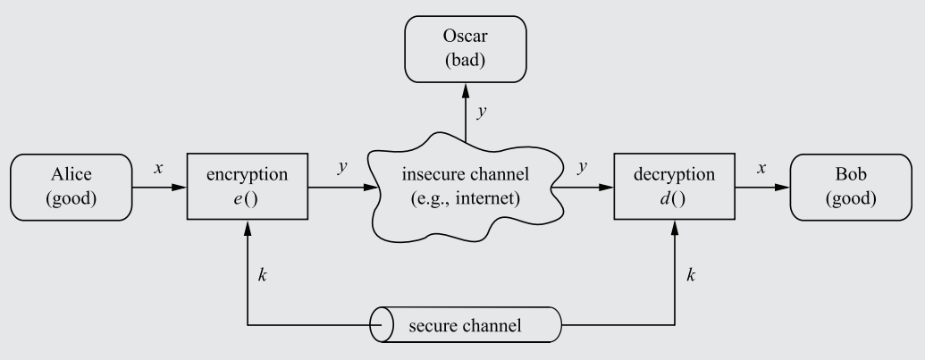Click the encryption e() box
pos(246,187)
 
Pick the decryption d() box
pos(672,187)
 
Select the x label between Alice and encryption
pos(158,168)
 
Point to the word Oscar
pos(463,38)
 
